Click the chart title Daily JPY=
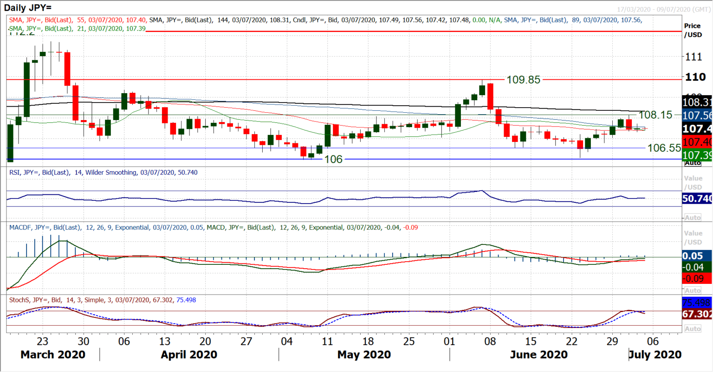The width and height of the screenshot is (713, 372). coord(28,8)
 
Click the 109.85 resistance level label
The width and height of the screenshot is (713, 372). coord(523,80)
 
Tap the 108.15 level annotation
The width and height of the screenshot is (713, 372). coord(655,115)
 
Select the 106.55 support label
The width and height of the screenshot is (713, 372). coord(664,148)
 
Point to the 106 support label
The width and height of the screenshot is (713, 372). coord(333,159)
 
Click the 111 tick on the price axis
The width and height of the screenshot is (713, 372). coord(694,57)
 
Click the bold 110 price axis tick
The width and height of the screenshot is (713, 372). coord(695,77)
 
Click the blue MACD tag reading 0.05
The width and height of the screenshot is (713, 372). coord(693,256)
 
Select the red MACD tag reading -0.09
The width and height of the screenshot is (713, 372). coord(693,278)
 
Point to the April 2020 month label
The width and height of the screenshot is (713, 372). coord(189,355)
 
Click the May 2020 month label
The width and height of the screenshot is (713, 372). coord(364,355)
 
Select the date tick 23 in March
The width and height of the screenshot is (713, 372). coord(42,341)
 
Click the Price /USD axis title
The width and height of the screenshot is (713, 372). coord(693,30)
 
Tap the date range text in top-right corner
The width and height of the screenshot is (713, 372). coord(663,9)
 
